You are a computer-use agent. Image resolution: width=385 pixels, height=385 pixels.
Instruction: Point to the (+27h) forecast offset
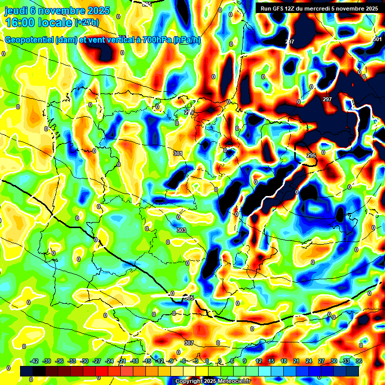coord(87,23)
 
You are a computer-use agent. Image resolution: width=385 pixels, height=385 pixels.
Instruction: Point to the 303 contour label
coord(181,230)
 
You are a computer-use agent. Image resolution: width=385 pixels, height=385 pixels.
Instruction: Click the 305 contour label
coord(189,298)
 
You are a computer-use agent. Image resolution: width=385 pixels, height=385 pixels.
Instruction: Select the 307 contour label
coord(188,343)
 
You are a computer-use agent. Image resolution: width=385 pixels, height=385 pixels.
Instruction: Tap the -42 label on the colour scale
coord(35,361)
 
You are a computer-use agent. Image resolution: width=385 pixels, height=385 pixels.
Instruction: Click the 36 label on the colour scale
coord(358,361)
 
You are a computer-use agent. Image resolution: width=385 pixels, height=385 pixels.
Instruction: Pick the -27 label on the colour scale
coord(97,361)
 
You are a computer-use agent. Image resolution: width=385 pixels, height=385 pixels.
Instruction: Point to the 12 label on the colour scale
coord(259,361)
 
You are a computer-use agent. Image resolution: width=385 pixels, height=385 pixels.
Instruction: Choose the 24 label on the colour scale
coord(308,361)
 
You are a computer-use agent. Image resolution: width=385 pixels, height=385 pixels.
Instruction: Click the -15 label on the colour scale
coord(147,361)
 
